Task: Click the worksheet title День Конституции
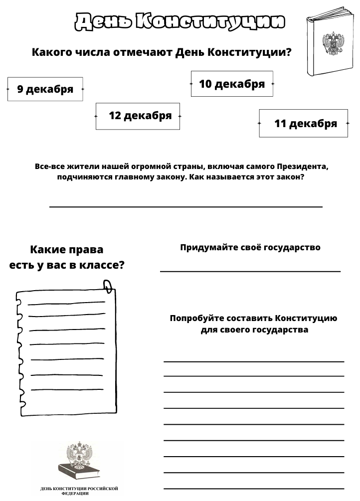coord(180,21)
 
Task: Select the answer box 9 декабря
coord(45,89)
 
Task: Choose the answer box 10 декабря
coord(232,84)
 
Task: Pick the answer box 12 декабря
coord(138,116)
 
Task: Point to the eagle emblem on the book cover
coord(331,44)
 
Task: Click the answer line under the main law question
coord(185,206)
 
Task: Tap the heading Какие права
coord(66,249)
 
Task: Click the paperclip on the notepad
coord(108,286)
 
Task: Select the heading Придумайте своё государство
coord(250,247)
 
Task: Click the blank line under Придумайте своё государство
coord(250,272)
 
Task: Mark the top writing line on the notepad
coord(66,303)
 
